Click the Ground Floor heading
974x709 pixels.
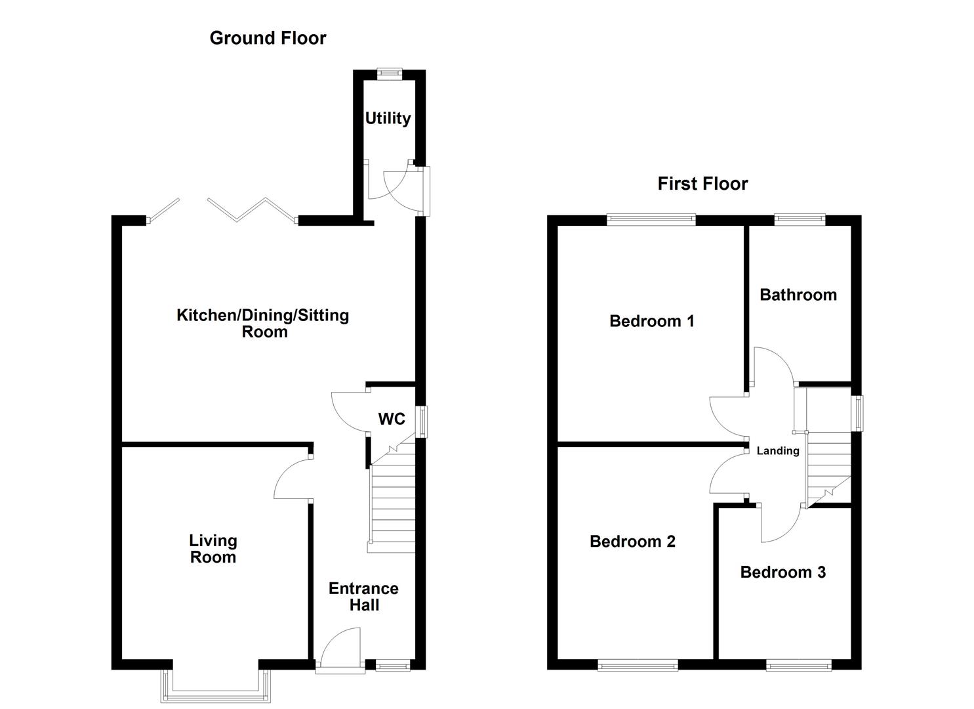coord(268,38)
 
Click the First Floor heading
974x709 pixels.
coord(702,184)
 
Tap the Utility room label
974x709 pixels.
coord(388,118)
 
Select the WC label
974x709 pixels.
coord(392,419)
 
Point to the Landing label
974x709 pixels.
coord(778,451)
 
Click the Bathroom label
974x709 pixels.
coord(798,295)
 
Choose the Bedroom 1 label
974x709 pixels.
coord(651,321)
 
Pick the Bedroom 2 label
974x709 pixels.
coord(632,542)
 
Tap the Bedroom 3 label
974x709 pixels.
coord(782,572)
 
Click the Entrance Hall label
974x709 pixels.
coord(363,597)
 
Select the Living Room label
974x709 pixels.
coord(213,549)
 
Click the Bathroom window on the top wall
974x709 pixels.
coord(800,220)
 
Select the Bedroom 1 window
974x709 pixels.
coord(651,220)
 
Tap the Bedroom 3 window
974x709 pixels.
coord(799,666)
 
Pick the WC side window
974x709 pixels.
coord(423,421)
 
